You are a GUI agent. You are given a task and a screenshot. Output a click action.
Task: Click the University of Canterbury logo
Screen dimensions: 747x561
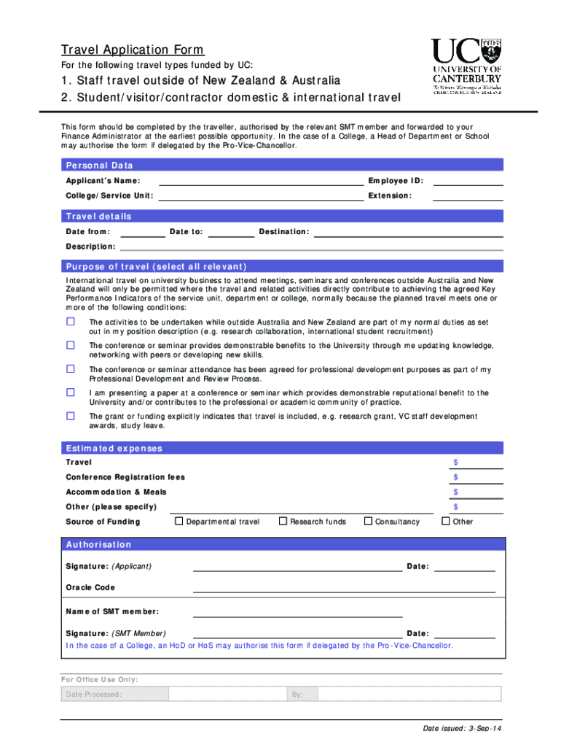[466, 66]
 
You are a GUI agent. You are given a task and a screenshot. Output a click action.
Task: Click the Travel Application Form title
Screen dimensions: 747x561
[133, 50]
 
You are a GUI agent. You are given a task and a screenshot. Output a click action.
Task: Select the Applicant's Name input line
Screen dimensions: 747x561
[261, 181]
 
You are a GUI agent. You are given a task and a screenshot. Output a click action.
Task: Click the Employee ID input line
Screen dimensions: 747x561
[468, 181]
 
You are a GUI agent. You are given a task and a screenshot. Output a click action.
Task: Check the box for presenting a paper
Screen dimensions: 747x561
[71, 392]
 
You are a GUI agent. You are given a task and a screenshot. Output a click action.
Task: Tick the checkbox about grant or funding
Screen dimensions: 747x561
[71, 416]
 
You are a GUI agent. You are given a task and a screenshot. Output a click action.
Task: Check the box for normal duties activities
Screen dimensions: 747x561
[71, 322]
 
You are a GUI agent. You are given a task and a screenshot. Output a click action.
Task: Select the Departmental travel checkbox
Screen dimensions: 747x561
[178, 521]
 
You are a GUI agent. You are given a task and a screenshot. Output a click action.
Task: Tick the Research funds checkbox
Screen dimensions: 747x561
[283, 521]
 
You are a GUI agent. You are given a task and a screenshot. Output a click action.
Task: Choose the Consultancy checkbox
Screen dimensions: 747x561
[368, 521]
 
